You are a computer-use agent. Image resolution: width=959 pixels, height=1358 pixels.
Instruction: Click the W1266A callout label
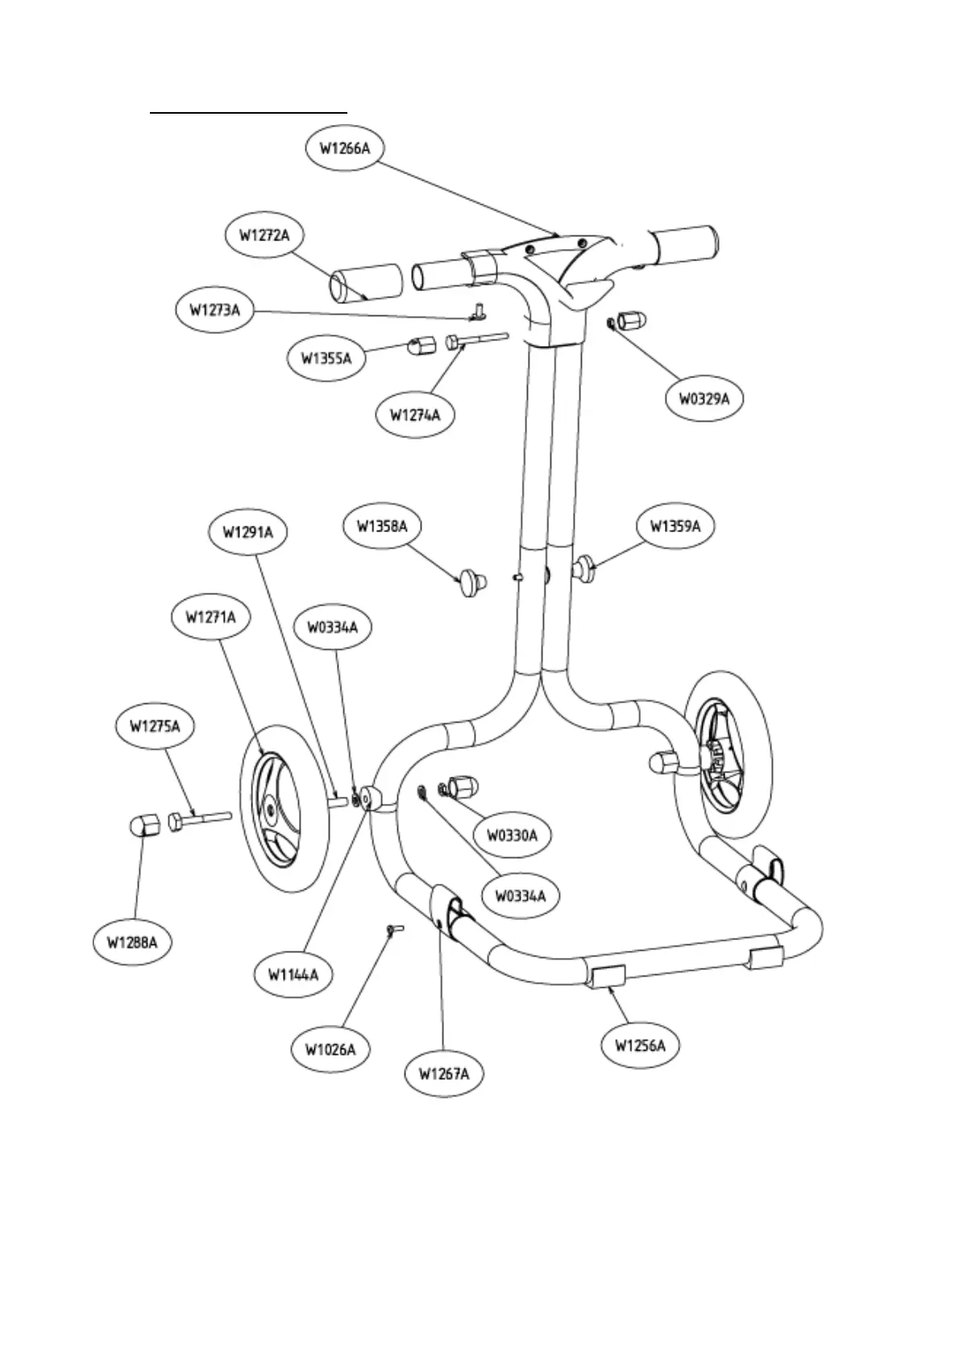coord(345,148)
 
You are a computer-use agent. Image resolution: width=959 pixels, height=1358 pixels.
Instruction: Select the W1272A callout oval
coord(264,235)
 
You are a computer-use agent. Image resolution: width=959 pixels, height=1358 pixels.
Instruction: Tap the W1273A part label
coord(214,310)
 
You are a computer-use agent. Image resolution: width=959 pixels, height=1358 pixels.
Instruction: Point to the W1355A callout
coord(326,358)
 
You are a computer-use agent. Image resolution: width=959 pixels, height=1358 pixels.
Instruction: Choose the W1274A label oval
coord(415,415)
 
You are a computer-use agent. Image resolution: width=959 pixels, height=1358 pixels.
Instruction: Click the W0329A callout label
coord(704,398)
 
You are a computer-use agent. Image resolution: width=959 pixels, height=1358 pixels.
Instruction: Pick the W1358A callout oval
coord(382,527)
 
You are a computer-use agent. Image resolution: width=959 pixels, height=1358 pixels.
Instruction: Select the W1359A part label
coord(675,527)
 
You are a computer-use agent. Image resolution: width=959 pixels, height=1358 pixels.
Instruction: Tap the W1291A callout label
coord(248,532)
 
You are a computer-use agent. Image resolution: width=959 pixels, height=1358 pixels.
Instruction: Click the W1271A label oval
coord(210,617)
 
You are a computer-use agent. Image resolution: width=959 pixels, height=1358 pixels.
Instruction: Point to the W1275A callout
coord(155,727)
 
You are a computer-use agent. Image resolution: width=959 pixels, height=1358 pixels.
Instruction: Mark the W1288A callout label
coord(132,941)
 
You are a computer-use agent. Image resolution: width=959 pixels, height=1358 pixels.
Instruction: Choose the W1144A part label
coord(293,975)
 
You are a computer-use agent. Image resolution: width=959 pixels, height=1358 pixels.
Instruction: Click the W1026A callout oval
coord(330,1049)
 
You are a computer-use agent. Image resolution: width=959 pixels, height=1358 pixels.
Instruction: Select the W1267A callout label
coord(444,1073)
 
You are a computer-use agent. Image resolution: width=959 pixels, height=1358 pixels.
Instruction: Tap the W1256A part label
coord(641,1046)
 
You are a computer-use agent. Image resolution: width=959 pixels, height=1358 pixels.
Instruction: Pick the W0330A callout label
coord(511,835)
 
